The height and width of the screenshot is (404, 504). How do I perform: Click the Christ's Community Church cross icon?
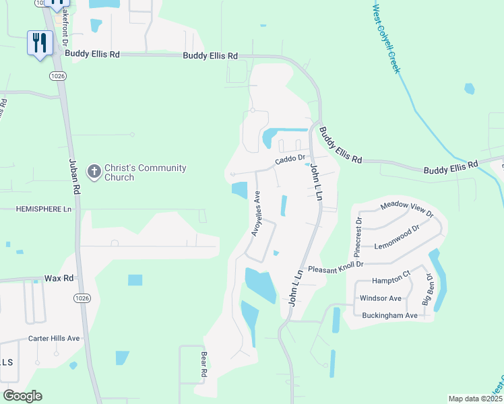pos(94,172)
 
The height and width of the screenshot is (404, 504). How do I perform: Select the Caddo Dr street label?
pos(290,162)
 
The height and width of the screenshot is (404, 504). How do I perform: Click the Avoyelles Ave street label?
pos(256,214)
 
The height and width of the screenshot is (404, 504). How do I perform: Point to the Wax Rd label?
pos(58,277)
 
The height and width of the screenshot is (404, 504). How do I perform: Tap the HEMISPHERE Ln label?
pos(44,209)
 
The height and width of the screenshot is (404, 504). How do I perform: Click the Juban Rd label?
pos(74,178)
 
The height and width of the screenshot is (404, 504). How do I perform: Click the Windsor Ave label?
pos(381,298)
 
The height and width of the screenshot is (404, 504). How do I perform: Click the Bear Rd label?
pos(202,363)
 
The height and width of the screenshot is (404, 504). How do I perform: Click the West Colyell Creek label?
pos(386,38)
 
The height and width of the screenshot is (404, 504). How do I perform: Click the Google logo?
pos(22,396)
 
